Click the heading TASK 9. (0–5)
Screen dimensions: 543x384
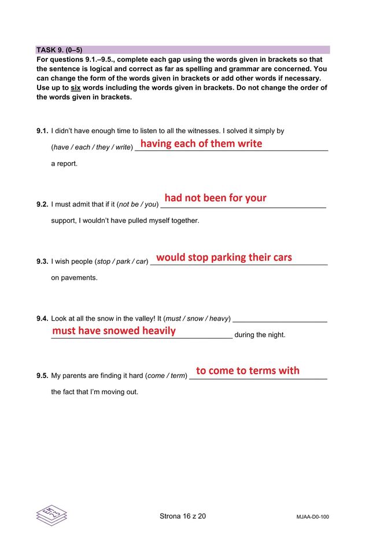point(60,50)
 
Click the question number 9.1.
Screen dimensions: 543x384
point(42,131)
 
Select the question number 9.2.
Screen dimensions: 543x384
point(42,204)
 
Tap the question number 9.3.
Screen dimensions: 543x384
point(42,261)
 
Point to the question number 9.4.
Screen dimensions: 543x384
point(42,318)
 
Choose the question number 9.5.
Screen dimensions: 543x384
point(42,376)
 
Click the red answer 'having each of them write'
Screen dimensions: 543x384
point(201,144)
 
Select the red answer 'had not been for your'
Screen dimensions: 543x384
point(215,198)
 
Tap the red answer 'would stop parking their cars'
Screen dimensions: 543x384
point(224,257)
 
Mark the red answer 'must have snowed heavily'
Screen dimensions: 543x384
point(114,331)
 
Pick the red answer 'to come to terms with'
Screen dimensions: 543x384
point(248,370)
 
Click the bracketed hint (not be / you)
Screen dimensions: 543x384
point(138,204)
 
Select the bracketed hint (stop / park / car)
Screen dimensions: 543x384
point(121,262)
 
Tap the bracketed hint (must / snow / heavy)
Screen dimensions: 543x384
point(197,318)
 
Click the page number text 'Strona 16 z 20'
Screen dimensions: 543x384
point(182,516)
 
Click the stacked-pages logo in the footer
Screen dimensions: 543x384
point(51,515)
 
